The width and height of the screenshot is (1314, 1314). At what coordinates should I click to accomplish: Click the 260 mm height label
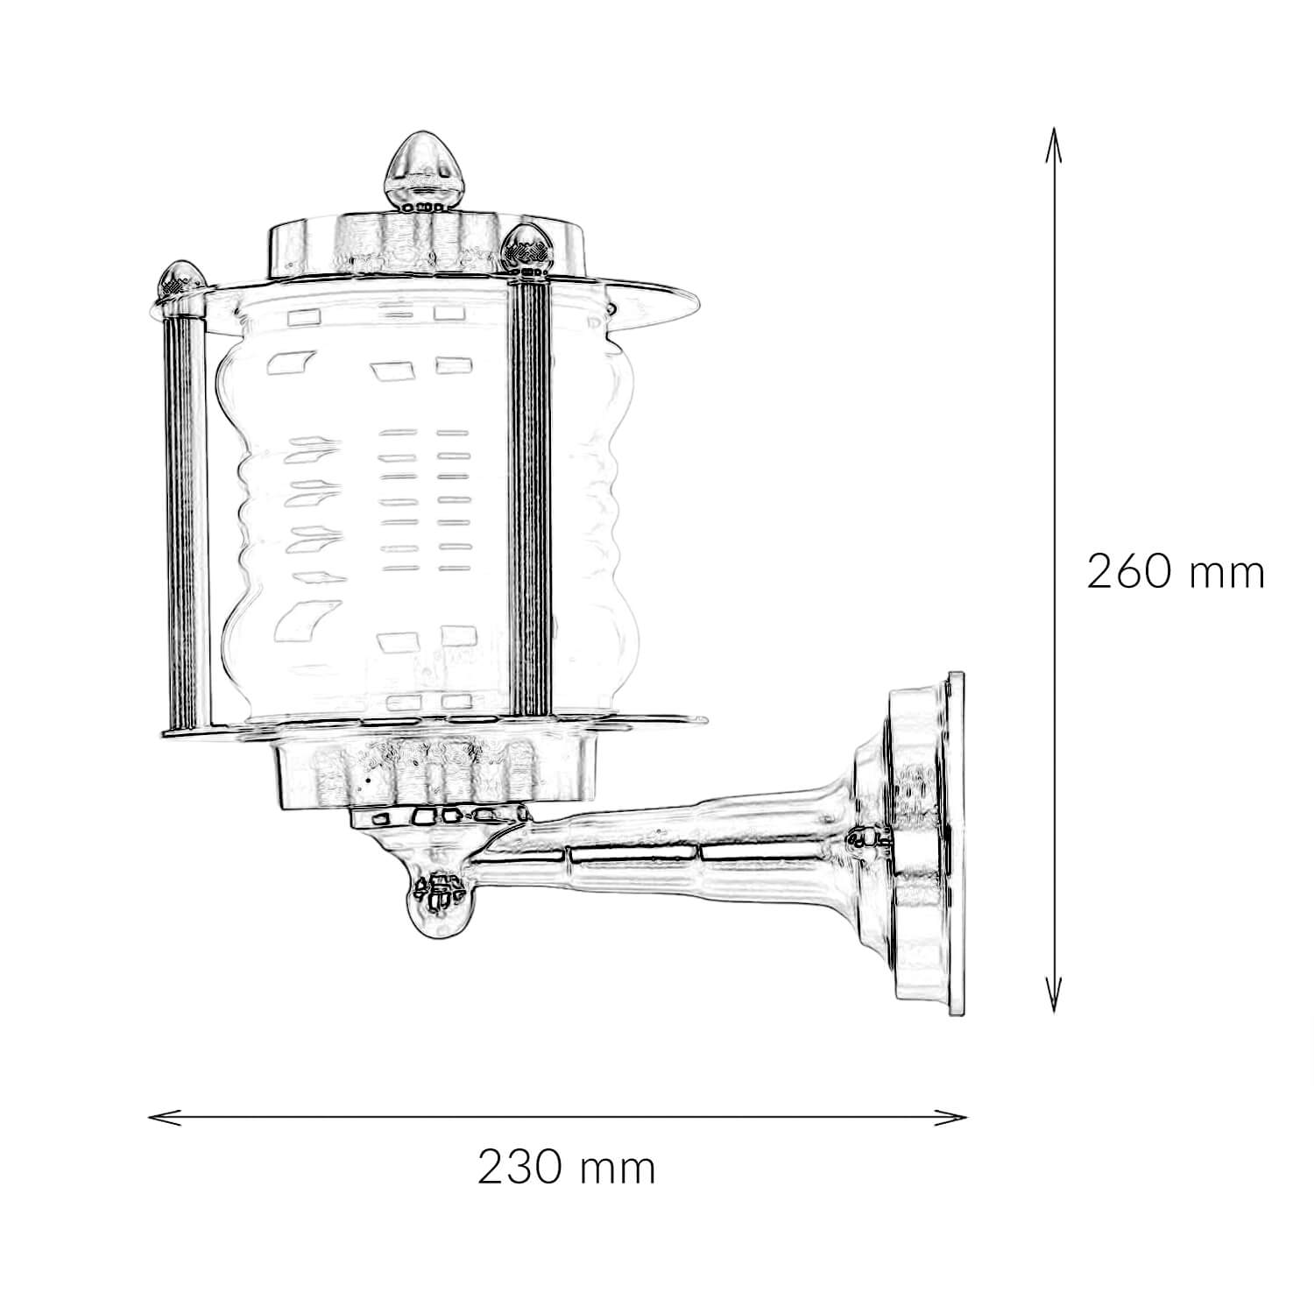tap(1176, 573)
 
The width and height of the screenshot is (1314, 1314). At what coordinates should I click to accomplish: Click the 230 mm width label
tap(567, 1167)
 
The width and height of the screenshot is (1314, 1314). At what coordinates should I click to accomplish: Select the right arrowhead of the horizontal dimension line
tap(951, 1117)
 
